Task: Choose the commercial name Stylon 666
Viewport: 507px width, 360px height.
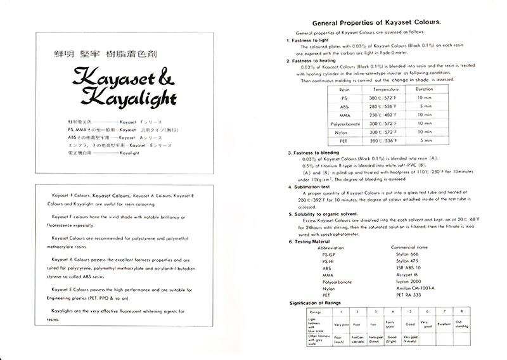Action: [x=406, y=252]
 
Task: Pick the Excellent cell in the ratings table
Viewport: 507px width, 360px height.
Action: [x=444, y=324]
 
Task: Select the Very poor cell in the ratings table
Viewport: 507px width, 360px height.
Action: [x=342, y=324]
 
